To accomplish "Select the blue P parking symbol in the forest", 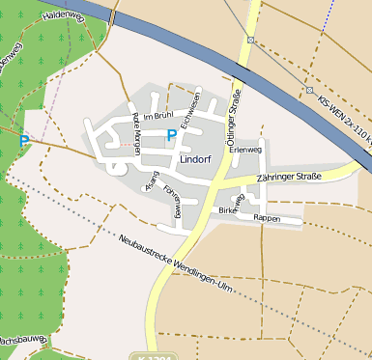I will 24,141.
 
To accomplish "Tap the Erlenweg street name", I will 246,150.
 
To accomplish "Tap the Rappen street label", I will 266,218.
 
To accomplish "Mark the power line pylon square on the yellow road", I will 250,40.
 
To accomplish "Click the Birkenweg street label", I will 231,205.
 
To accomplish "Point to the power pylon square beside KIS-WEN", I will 310,90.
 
